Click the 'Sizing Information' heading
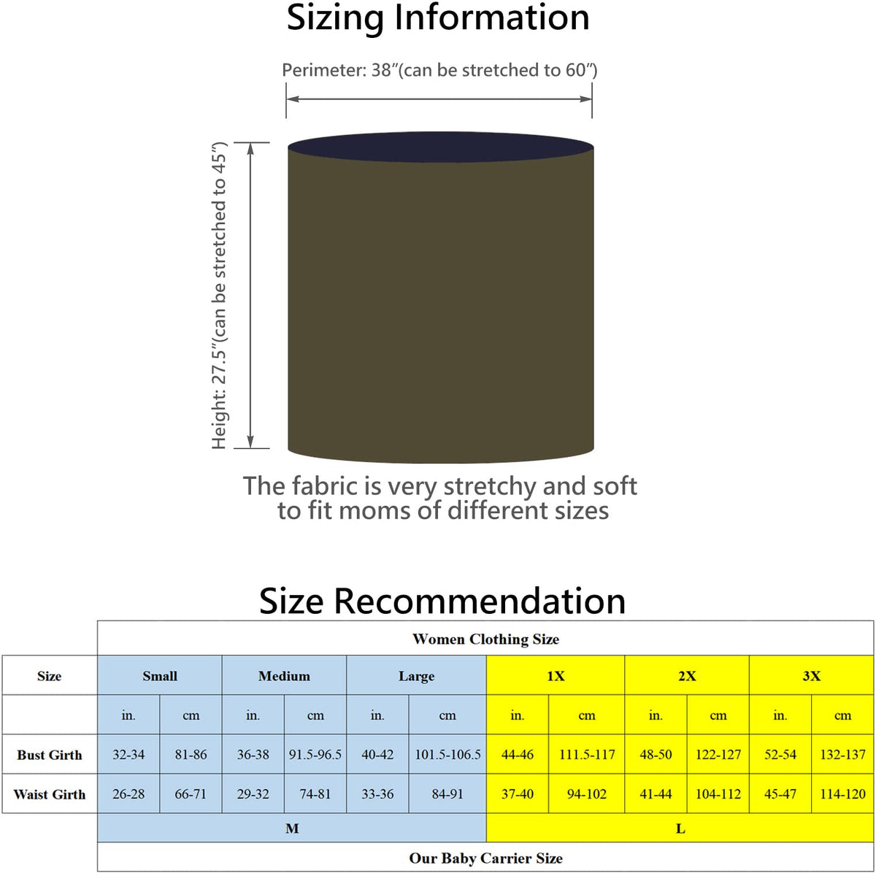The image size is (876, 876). point(438,18)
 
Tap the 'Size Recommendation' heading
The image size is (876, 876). point(442,601)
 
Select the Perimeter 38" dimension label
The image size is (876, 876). point(439,70)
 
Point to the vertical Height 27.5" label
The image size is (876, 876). point(220,296)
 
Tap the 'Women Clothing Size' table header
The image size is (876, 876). point(485,639)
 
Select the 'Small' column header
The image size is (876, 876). point(160,676)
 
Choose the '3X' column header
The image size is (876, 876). point(811,676)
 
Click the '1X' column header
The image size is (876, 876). point(556,676)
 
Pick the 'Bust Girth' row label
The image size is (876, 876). point(50,755)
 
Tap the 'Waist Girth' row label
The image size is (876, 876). point(50,794)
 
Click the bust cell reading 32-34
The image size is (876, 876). point(128,755)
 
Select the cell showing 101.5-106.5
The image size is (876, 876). point(447,755)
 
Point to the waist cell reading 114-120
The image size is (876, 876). point(842,794)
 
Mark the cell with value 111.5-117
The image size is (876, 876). point(587,755)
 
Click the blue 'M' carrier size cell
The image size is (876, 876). point(292,829)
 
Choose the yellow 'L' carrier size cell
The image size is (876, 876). point(680,829)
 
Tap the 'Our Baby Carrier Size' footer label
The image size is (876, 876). point(485,858)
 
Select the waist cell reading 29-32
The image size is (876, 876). point(253,794)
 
